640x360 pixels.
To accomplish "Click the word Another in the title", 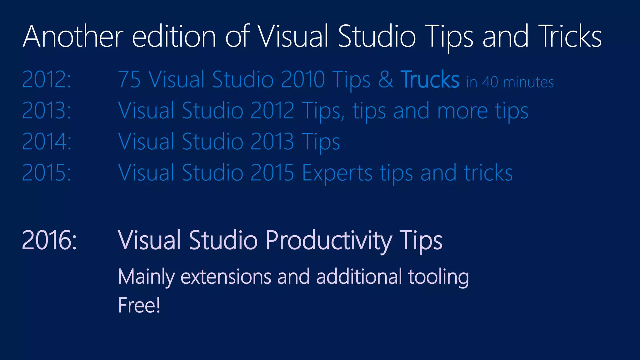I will click(x=73, y=37).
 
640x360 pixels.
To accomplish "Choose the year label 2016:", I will click(x=49, y=240).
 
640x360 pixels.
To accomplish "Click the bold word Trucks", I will click(x=430, y=79).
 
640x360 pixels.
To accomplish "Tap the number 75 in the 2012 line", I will click(x=129, y=79).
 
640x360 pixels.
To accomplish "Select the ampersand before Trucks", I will click(x=386, y=79).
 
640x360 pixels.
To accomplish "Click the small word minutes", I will click(x=528, y=82).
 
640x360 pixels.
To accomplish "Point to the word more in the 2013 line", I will click(x=462, y=111).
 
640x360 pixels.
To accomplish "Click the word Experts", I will click(x=337, y=173).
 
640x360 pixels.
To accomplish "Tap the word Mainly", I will click(x=147, y=277).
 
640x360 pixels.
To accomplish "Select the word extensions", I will click(x=226, y=277).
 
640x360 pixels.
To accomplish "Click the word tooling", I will click(x=438, y=277).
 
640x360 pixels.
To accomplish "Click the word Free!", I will click(x=139, y=305).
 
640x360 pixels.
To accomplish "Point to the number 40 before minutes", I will click(x=490, y=82).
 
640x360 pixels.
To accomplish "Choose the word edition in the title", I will click(x=174, y=37).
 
